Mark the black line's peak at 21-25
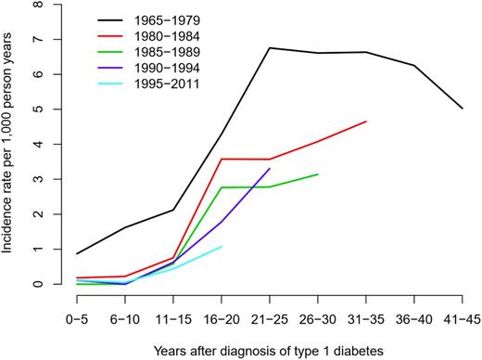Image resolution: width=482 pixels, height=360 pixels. click(269, 48)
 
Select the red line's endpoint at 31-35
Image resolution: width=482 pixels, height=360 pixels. click(366, 122)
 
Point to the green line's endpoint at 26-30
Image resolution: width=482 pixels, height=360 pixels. click(318, 174)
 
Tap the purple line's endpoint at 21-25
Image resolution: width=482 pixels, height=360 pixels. click(269, 169)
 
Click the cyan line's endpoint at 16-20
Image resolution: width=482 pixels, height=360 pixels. click(222, 247)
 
